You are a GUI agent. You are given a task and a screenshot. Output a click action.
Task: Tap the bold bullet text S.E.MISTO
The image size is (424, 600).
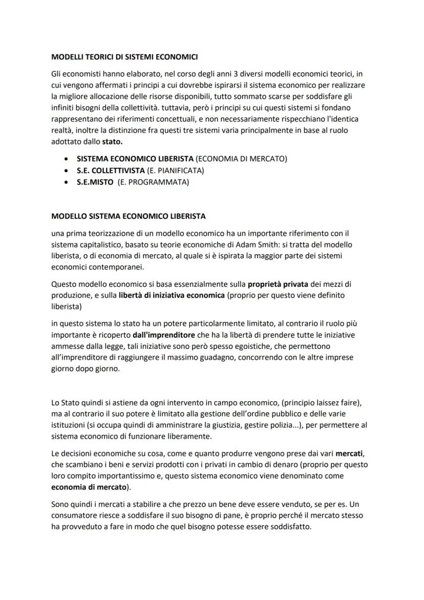(95, 182)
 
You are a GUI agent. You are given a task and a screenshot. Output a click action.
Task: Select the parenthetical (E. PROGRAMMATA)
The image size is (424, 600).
(153, 182)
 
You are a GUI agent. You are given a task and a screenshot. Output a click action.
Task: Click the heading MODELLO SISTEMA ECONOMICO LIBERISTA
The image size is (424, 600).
(129, 216)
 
